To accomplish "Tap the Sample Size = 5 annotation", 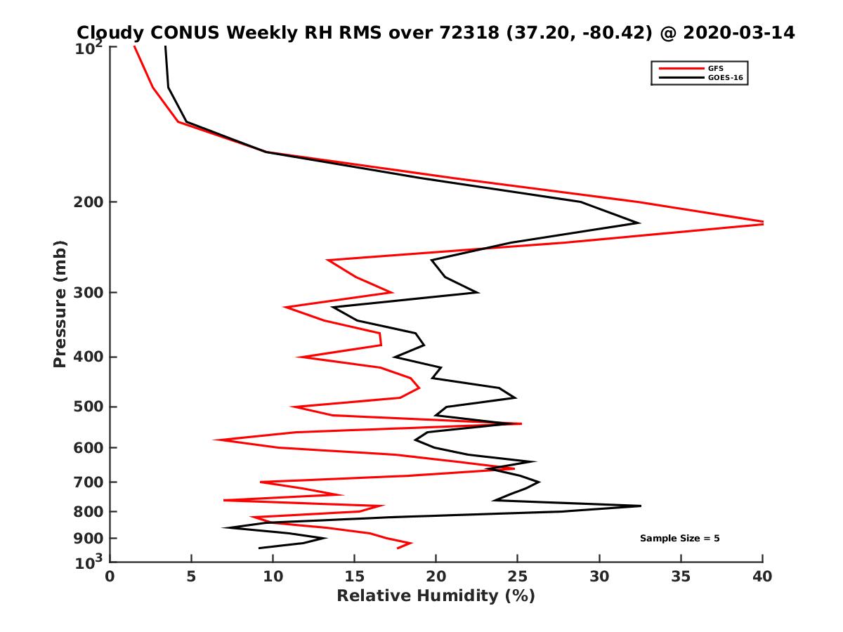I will [679, 539].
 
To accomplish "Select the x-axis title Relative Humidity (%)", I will [436, 596].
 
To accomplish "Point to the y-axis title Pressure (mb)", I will [60, 304].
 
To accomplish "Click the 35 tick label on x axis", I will [681, 577].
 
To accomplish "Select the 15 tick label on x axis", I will [355, 577].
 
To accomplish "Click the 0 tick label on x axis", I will [110, 577].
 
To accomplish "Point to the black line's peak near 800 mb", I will [640, 506].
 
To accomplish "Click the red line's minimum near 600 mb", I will [215, 440].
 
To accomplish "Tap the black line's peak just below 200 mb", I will [638, 223].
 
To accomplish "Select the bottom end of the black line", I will [259, 548].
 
